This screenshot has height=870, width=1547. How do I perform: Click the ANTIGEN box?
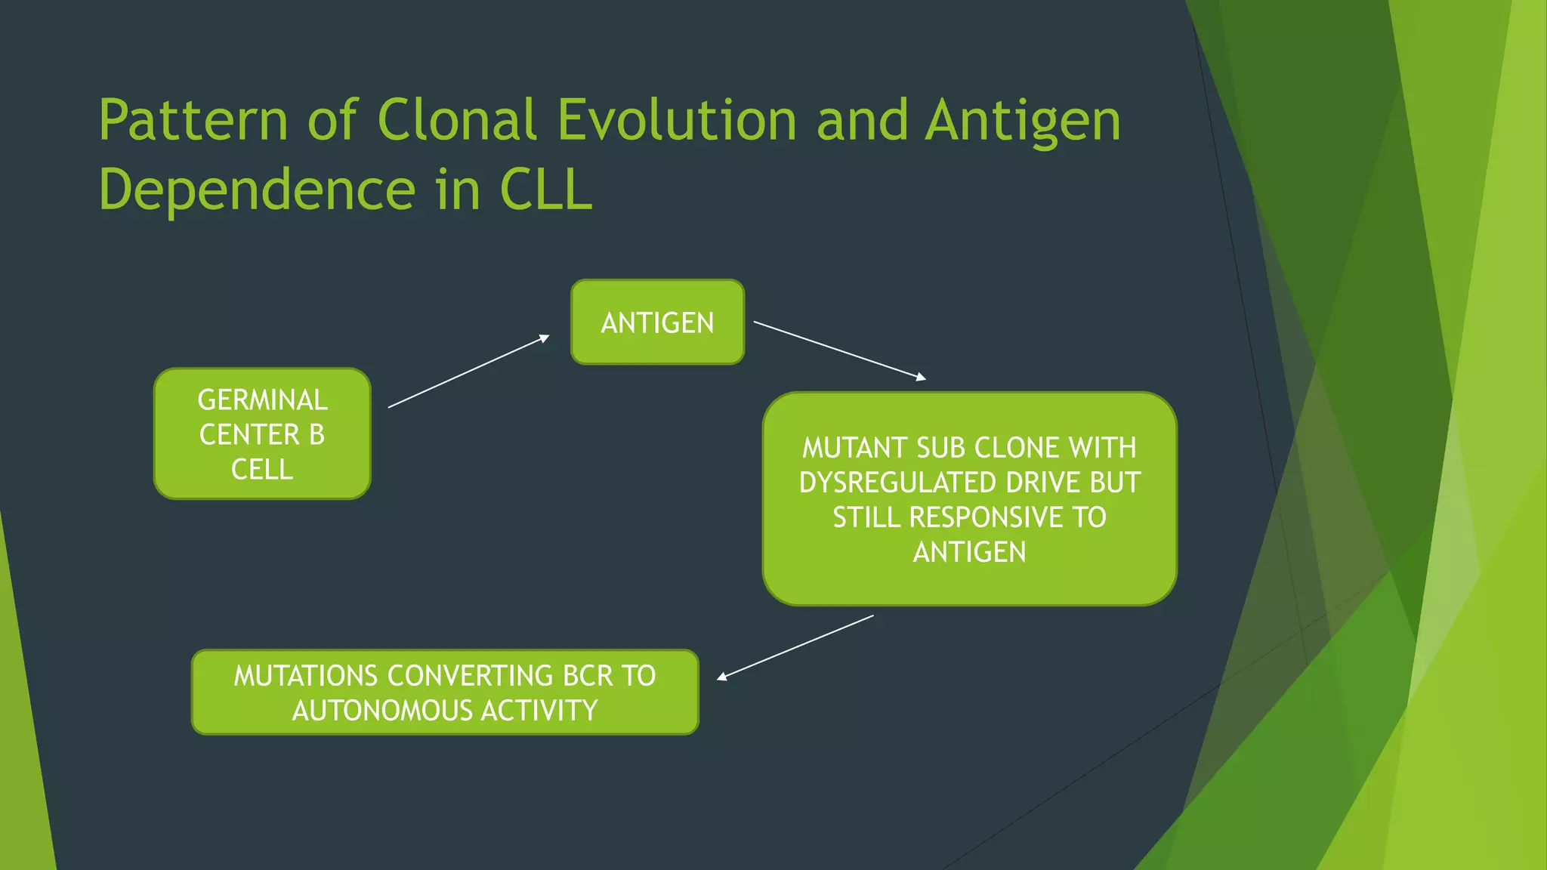tap(657, 322)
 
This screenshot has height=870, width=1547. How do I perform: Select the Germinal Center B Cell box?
tap(262, 434)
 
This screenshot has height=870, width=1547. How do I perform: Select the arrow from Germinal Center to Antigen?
tap(468, 372)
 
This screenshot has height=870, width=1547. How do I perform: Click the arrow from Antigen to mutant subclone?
tap(839, 349)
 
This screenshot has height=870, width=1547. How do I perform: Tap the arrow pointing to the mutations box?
tap(795, 647)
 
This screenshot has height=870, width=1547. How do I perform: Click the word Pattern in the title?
tap(193, 121)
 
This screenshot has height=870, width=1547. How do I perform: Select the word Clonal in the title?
tap(456, 121)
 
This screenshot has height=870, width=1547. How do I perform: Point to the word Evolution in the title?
tap(677, 121)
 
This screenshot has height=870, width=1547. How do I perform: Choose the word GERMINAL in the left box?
tap(262, 400)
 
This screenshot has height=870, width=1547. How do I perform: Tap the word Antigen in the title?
tap(1023, 121)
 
